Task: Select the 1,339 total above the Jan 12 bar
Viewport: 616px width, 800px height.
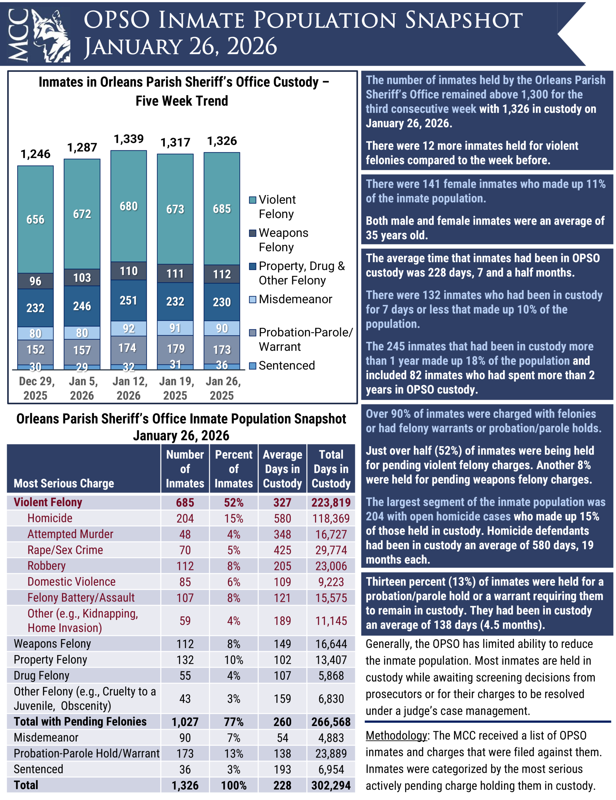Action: click(128, 139)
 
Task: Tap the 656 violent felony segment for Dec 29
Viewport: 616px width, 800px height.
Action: click(36, 219)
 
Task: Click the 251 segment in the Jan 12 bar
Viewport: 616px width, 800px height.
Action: click(128, 300)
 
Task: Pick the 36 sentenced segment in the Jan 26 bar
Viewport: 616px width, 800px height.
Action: click(222, 366)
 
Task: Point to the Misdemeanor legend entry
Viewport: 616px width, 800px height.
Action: click(295, 299)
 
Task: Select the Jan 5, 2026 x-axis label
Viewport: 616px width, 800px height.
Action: click(82, 388)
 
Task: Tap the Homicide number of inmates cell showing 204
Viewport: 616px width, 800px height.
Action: click(185, 518)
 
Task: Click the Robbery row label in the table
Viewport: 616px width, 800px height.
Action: click(47, 566)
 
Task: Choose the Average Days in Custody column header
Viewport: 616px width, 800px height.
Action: click(282, 469)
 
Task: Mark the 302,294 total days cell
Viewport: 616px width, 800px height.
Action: click(331, 785)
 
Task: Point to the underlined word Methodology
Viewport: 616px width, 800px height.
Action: click(396, 735)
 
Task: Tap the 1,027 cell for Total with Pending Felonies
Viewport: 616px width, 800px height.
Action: click(185, 722)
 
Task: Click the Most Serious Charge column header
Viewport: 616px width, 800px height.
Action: click(64, 483)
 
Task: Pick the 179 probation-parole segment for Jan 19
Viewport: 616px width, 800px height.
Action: click(175, 349)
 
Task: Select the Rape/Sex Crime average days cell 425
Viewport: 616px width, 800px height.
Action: click(282, 550)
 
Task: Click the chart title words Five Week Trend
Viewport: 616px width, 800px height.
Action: click(182, 101)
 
